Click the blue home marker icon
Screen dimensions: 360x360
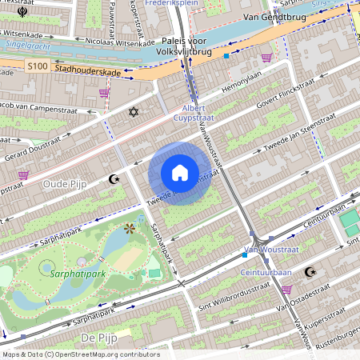tap(180, 173)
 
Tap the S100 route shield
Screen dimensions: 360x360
tap(36, 66)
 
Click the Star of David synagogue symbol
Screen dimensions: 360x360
tap(134, 112)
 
